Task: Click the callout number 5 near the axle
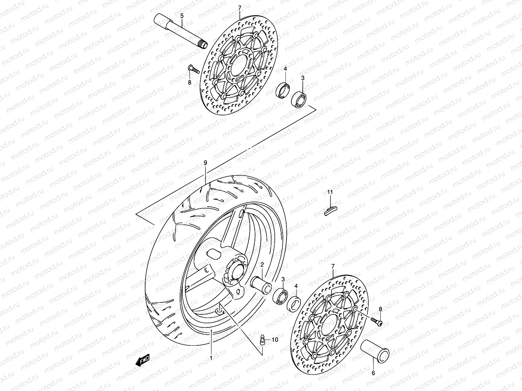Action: click(182, 15)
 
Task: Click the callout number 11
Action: click(330, 193)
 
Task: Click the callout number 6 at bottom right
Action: click(373, 373)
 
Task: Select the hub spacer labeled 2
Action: click(261, 282)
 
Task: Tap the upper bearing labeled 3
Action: click(299, 99)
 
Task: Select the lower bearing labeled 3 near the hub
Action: click(281, 295)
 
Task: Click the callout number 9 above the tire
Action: click(205, 162)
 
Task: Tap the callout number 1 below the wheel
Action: click(211, 367)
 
